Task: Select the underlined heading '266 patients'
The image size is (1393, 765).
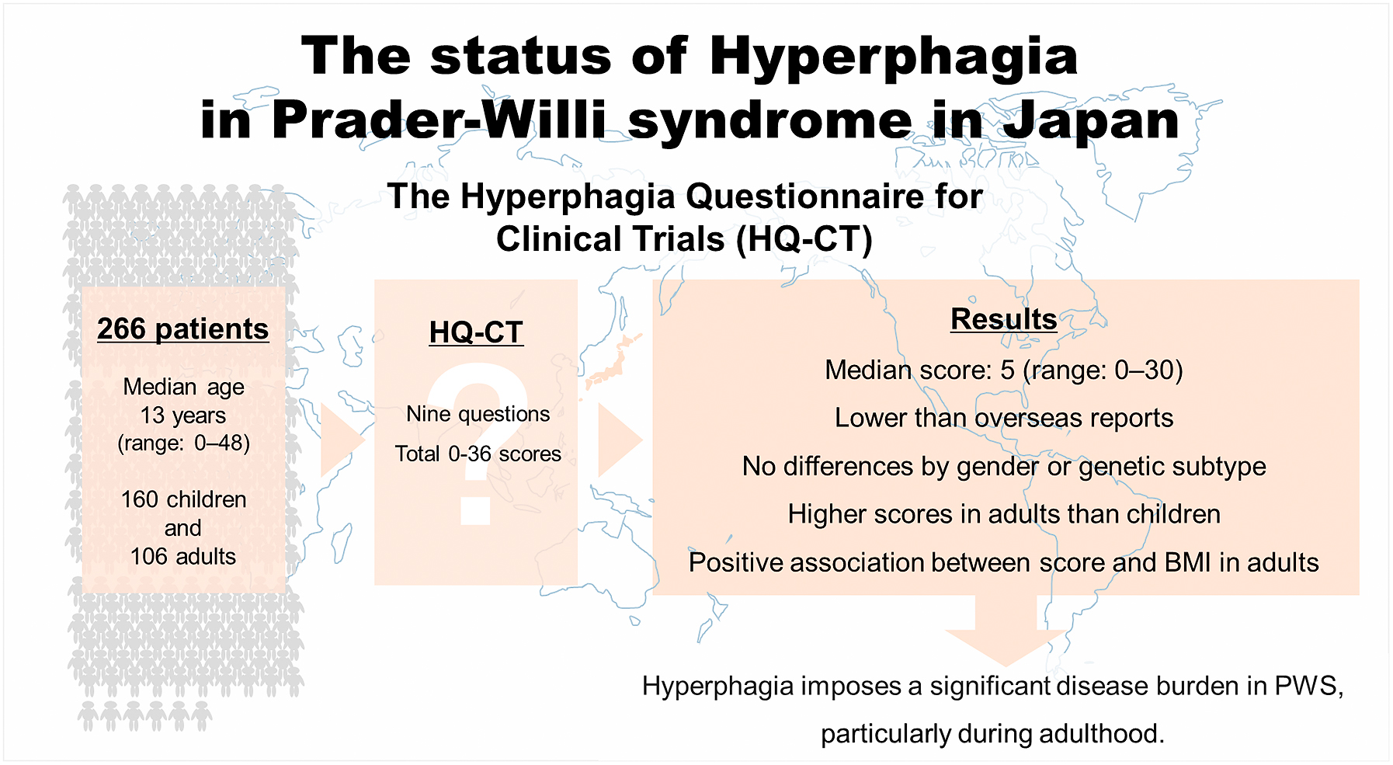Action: [x=183, y=329]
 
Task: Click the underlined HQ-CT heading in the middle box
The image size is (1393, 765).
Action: [x=476, y=332]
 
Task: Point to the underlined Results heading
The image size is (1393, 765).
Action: [x=1004, y=319]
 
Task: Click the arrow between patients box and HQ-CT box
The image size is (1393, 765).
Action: [x=342, y=440]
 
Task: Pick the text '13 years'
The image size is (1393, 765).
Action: [x=183, y=416]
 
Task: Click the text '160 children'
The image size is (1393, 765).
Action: [x=184, y=499]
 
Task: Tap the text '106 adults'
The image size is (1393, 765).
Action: [x=183, y=557]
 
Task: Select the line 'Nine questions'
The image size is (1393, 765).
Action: [x=478, y=414]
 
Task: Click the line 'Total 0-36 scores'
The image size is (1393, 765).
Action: [x=478, y=454]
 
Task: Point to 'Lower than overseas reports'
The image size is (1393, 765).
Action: [x=1004, y=418]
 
